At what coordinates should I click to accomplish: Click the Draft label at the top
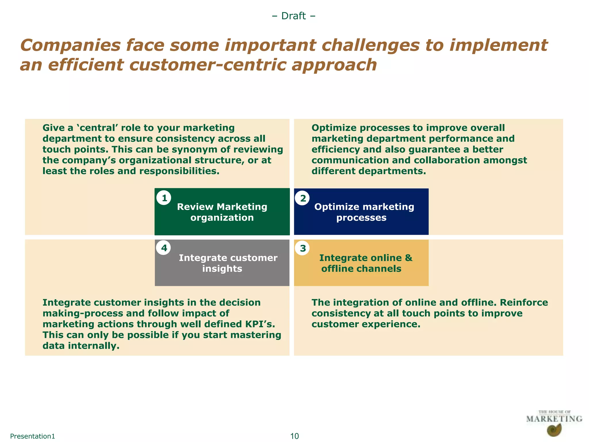[x=294, y=16]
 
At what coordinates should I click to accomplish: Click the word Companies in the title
[x=70, y=45]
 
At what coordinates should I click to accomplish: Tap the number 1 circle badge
[x=164, y=198]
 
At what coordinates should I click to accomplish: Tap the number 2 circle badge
[x=303, y=198]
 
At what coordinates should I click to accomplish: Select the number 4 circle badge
[x=164, y=248]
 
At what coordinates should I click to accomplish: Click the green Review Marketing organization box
[x=222, y=212]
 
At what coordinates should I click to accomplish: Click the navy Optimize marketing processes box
[x=361, y=212]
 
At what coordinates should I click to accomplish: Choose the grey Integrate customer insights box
[x=222, y=263]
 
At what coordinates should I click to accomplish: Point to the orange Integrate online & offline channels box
[x=361, y=263]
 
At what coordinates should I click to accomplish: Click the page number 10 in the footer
[x=294, y=436]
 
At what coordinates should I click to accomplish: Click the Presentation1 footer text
[x=32, y=436]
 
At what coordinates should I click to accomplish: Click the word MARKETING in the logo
[x=554, y=419]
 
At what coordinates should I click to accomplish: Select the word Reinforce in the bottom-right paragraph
[x=524, y=303]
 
